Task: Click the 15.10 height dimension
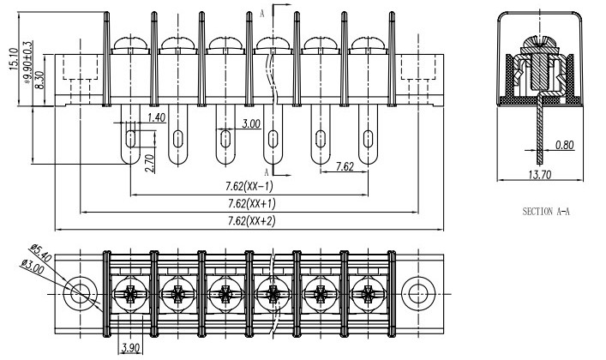tap(14, 59)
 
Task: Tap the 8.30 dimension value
tap(39, 80)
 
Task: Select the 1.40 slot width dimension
tap(157, 117)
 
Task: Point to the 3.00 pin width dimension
tap(251, 123)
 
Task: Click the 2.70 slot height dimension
tap(151, 163)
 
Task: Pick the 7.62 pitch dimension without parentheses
tap(345, 166)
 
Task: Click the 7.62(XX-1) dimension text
tap(249, 186)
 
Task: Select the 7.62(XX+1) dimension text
tap(252, 203)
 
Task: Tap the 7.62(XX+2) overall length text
tap(252, 221)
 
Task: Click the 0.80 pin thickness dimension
tap(565, 145)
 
